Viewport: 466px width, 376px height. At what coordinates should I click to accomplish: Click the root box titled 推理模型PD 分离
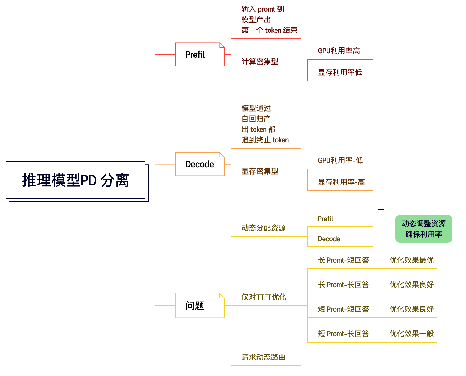coord(76,180)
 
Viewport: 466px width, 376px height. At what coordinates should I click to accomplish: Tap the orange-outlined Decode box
coord(200,164)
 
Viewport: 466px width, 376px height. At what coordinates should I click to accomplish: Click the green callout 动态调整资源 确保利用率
coord(424,229)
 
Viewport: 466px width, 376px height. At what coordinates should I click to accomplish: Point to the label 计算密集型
coord(260,62)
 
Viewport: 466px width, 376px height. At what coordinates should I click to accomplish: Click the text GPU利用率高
coord(339,51)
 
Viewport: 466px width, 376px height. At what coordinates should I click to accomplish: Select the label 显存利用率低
coord(340,73)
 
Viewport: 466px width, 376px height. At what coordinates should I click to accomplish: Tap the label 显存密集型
coord(260,171)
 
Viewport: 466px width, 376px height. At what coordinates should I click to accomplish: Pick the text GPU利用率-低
coord(340,161)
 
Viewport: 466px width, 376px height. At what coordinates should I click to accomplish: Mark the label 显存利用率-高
coord(341,182)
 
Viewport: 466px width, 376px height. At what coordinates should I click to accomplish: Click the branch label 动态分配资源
coord(263,228)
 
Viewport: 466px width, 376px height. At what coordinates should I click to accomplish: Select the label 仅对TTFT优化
coord(264,297)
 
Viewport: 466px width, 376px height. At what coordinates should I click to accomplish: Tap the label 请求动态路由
coord(263,357)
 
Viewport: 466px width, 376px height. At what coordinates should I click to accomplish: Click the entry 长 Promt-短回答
coord(343,260)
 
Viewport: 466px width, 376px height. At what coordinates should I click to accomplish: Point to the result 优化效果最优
coord(411,260)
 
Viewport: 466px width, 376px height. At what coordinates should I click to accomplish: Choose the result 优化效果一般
coord(411,334)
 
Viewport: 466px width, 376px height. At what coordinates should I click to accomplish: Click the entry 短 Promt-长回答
coord(343,334)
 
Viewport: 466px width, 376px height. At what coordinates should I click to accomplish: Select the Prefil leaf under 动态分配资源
coord(325,219)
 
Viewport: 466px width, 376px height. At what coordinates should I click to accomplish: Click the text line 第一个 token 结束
coord(269,30)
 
